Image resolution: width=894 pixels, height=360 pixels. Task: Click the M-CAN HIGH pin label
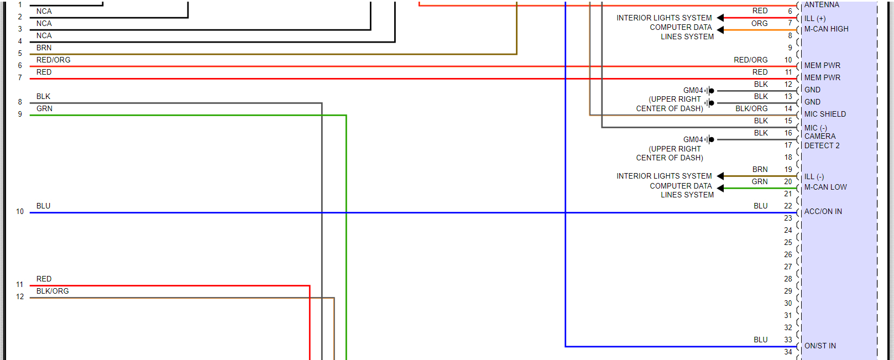coord(826,29)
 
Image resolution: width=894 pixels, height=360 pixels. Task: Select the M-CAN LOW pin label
coord(825,187)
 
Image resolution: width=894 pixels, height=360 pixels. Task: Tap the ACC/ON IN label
coord(823,211)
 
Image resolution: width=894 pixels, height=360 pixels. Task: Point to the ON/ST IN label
coord(820,346)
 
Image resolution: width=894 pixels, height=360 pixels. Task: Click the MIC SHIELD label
coord(825,114)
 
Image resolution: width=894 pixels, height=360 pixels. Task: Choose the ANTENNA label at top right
coord(822,4)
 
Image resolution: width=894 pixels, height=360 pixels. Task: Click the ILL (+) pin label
coord(815,18)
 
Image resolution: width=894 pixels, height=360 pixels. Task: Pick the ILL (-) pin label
coord(814,176)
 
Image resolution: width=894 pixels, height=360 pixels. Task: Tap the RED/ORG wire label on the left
coord(53,60)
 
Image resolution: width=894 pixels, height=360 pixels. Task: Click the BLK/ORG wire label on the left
coord(53,291)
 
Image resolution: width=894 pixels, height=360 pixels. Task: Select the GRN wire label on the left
coord(44,108)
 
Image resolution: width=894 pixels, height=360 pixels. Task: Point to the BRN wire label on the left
coord(44,48)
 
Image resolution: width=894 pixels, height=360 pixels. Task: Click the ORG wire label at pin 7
coord(759,23)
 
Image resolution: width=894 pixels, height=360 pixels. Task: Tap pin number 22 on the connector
coord(788,206)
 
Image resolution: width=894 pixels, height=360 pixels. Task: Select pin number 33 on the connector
coord(788,340)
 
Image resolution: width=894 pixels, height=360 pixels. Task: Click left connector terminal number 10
coord(20,211)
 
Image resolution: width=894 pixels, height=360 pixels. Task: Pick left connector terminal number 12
coord(20,296)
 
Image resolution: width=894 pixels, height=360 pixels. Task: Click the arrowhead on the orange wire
coord(720,30)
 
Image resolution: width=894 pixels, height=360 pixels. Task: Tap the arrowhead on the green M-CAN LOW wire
coord(720,188)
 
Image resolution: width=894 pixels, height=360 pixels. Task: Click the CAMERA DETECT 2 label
coord(821,140)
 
